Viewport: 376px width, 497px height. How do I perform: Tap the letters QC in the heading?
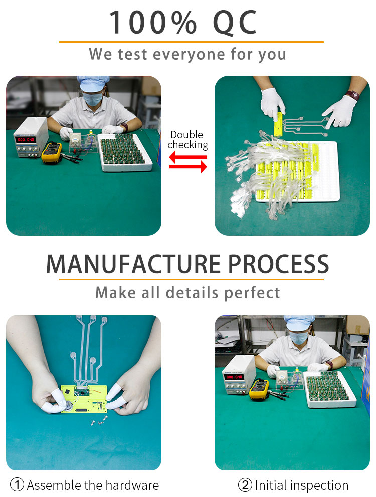pos(235,23)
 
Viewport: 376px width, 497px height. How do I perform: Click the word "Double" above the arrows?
pos(187,135)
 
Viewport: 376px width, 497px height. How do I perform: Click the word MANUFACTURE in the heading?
pos(133,264)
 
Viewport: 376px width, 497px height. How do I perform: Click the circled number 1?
pos(18,485)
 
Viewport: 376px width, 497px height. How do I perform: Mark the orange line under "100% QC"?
pos(191,42)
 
